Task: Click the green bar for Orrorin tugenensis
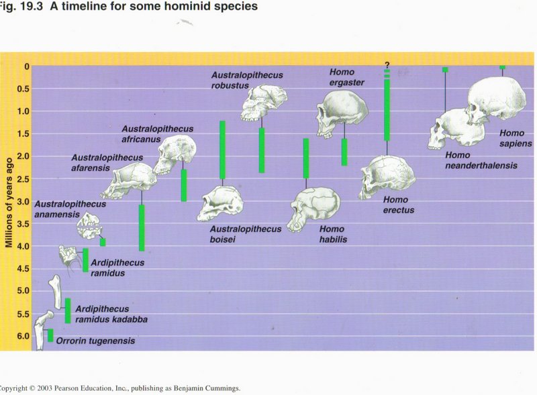point(50,335)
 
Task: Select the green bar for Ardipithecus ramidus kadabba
point(68,311)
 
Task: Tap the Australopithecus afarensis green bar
point(142,227)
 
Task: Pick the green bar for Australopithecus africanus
point(184,185)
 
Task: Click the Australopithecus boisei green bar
point(222,150)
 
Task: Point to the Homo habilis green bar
point(306,158)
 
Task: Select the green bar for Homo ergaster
point(344,152)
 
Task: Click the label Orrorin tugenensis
point(95,341)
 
